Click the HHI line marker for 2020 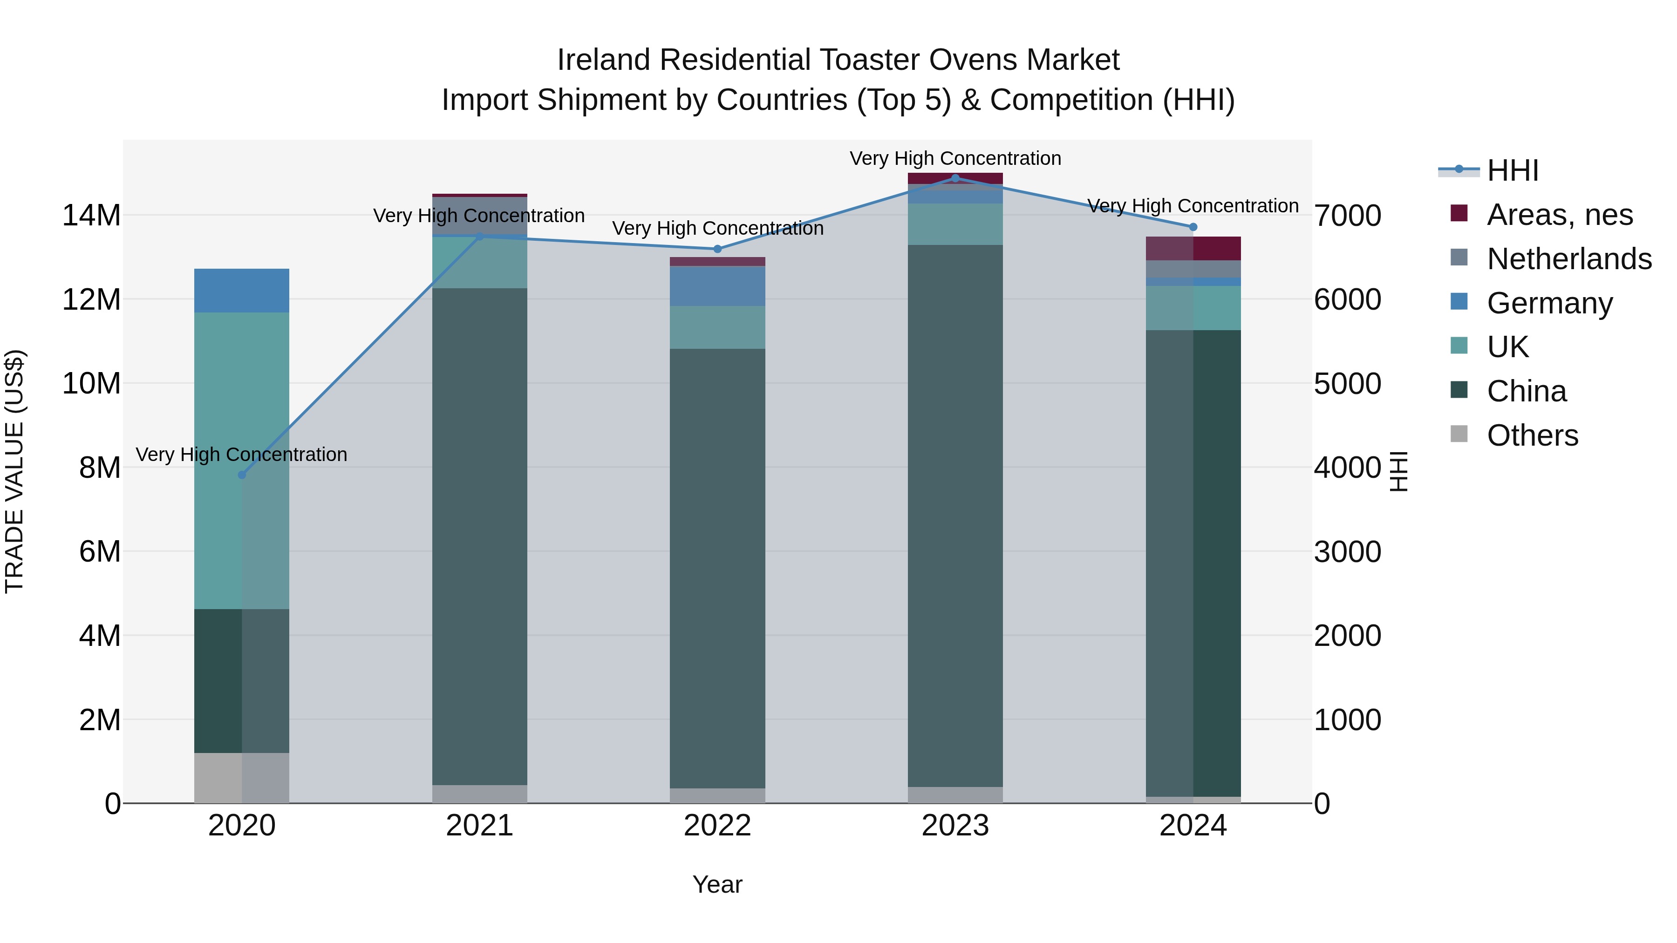coord(241,475)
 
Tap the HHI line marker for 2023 coord(955,178)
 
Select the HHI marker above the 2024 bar coord(1193,227)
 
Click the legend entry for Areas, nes coord(1560,215)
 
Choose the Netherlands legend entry coord(1569,259)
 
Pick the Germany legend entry coord(1549,303)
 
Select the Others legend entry coord(1533,435)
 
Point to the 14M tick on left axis coord(91,216)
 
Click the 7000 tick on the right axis coord(1347,216)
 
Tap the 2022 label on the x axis coord(717,826)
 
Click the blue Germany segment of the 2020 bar coord(241,290)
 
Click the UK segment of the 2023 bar coord(955,224)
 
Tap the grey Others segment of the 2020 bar coord(241,778)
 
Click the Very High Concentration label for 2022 coord(717,229)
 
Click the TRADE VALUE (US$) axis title coord(14,471)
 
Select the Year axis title coord(717,884)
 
